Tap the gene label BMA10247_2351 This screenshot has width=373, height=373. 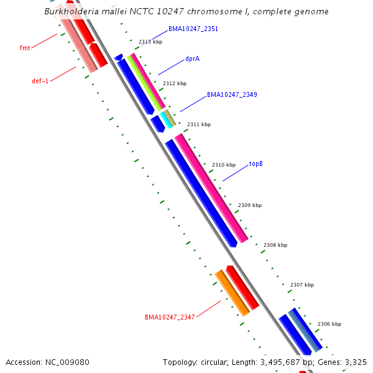tap(193, 29)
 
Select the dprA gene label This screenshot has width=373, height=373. tap(192, 59)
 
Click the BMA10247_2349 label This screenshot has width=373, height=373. tap(232, 95)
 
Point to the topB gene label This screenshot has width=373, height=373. tap(256, 164)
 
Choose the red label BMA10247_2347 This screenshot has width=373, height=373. tap(170, 317)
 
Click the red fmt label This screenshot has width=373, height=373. tap(25, 48)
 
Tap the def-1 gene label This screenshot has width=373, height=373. tap(40, 81)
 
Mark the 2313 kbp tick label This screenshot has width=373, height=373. tap(150, 42)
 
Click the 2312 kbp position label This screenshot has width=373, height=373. tap(175, 83)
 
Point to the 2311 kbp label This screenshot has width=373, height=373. tap(199, 124)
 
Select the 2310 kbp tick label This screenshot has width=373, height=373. tap(224, 165)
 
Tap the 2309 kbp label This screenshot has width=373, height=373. tap(250, 205)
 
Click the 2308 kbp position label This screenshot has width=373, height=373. tap(275, 245)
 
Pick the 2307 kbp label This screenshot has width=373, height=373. tap(302, 285)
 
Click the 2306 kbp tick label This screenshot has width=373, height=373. tap(329, 324)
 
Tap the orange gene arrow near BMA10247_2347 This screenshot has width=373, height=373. tap(232, 293)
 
